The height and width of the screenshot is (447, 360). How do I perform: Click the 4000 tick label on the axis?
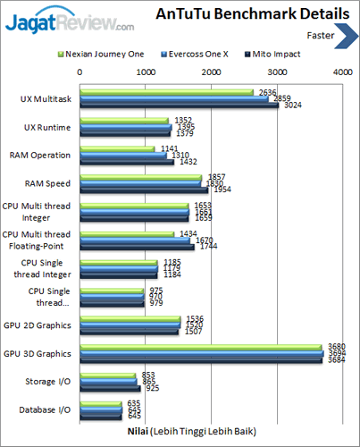coord(340,71)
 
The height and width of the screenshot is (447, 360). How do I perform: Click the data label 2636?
coord(267,91)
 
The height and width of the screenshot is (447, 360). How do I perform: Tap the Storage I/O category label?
coord(52,381)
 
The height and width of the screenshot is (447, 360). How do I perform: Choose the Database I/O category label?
coord(49,409)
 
